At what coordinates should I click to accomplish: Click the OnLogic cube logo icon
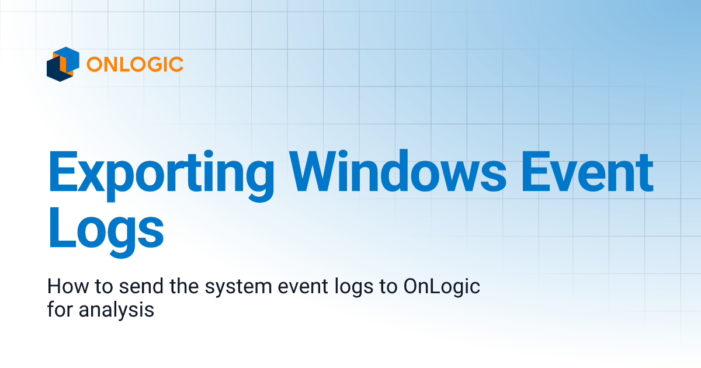click(x=63, y=64)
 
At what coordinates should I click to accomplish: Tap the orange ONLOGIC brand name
click(x=135, y=64)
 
